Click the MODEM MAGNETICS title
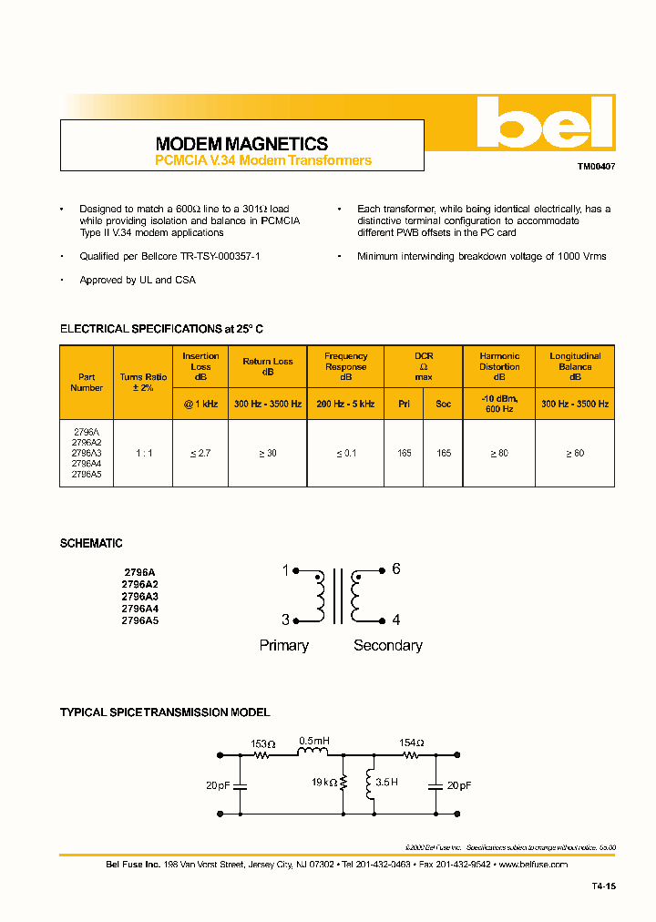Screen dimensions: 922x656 click(241, 144)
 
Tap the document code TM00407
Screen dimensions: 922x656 click(596, 168)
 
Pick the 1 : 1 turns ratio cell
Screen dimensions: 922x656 click(143, 453)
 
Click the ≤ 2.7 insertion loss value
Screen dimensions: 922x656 click(200, 453)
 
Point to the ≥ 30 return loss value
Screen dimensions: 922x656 click(268, 453)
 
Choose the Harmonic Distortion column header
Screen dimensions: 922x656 click(499, 367)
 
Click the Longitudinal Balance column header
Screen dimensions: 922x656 click(575, 367)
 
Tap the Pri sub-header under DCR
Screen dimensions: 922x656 click(404, 403)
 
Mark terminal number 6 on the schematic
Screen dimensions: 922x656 click(396, 569)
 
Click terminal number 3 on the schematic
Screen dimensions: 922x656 click(285, 620)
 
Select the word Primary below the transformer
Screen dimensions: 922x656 click(284, 645)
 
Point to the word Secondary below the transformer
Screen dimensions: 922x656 click(388, 645)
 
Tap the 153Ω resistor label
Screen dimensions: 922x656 click(263, 743)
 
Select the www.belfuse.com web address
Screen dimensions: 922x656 click(533, 864)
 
